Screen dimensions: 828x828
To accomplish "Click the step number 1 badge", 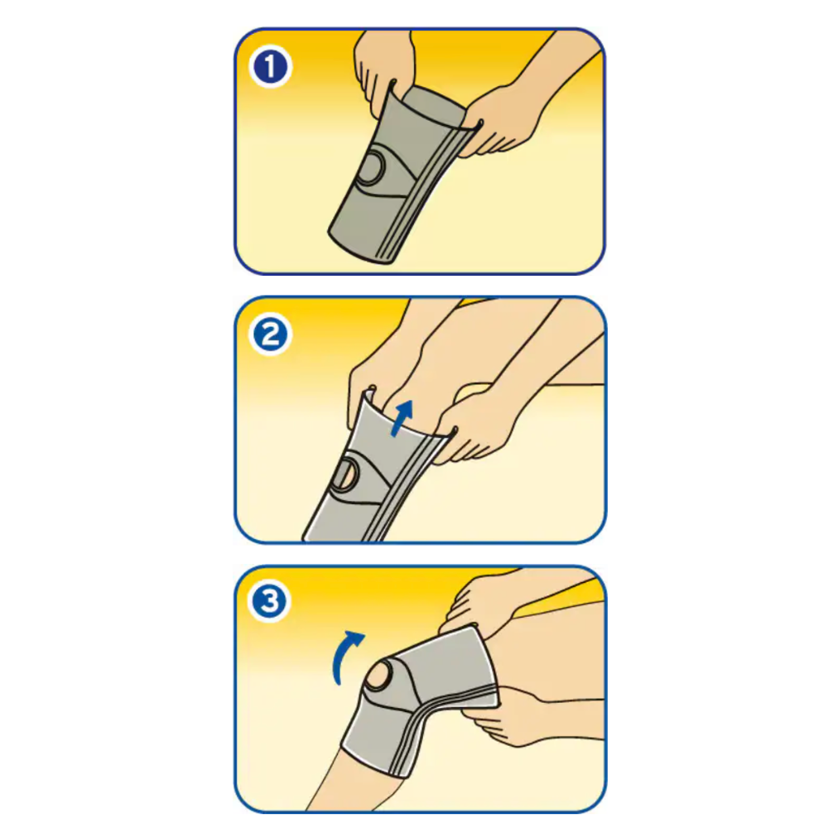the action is pyautogui.click(x=271, y=67).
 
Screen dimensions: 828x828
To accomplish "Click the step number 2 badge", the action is pyautogui.click(x=271, y=335).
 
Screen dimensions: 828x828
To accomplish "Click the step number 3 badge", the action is pyautogui.click(x=270, y=601).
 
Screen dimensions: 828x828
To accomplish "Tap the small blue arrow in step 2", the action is pyautogui.click(x=402, y=417).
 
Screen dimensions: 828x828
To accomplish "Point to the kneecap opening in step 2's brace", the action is pyautogui.click(x=346, y=474).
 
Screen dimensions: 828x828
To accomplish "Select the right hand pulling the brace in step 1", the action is pyautogui.click(x=502, y=122).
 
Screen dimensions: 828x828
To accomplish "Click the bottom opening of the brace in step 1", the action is pyautogui.click(x=359, y=248).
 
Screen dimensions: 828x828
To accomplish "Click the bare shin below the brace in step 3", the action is pyautogui.click(x=349, y=782).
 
